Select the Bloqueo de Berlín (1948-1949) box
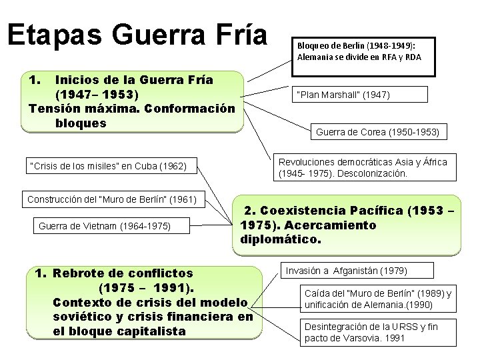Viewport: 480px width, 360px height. click(x=363, y=51)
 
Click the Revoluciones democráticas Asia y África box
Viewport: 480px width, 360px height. click(x=363, y=168)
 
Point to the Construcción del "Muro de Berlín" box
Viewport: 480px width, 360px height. click(x=112, y=199)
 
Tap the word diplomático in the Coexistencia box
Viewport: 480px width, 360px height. click(x=280, y=238)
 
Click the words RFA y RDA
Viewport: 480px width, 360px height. click(x=397, y=57)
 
